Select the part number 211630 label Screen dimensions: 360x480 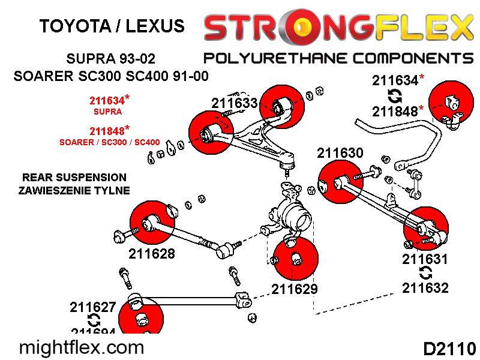click(x=340, y=153)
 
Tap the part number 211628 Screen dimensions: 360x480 click(x=152, y=254)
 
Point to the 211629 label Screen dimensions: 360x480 click(x=294, y=289)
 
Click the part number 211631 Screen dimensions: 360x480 click(x=425, y=259)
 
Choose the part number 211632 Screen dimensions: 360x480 click(x=425, y=288)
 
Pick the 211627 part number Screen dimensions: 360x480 click(x=92, y=307)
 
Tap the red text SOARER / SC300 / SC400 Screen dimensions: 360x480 click(x=109, y=143)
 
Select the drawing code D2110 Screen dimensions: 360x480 click(x=449, y=349)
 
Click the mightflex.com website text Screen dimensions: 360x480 click(x=82, y=347)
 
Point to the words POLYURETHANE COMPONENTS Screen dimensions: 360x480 click(x=338, y=58)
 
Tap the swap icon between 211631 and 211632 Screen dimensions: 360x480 click(x=425, y=274)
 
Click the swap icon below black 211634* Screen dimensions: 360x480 click(x=395, y=95)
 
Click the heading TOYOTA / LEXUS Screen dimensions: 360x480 click(x=112, y=26)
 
